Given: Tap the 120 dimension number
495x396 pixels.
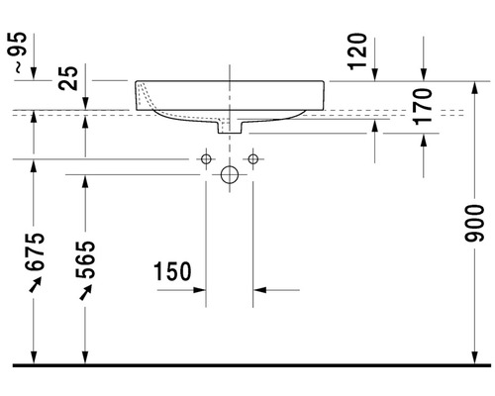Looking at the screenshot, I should pyautogui.click(x=358, y=51).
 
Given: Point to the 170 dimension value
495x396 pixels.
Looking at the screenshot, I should pyautogui.click(x=423, y=106).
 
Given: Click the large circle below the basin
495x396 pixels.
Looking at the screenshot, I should pyautogui.click(x=230, y=175).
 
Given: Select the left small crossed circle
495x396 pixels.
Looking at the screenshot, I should pyautogui.click(x=207, y=158).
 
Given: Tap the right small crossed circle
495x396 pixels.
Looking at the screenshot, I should pyautogui.click(x=253, y=158).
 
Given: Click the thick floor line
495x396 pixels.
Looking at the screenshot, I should pyautogui.click(x=247, y=364).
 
